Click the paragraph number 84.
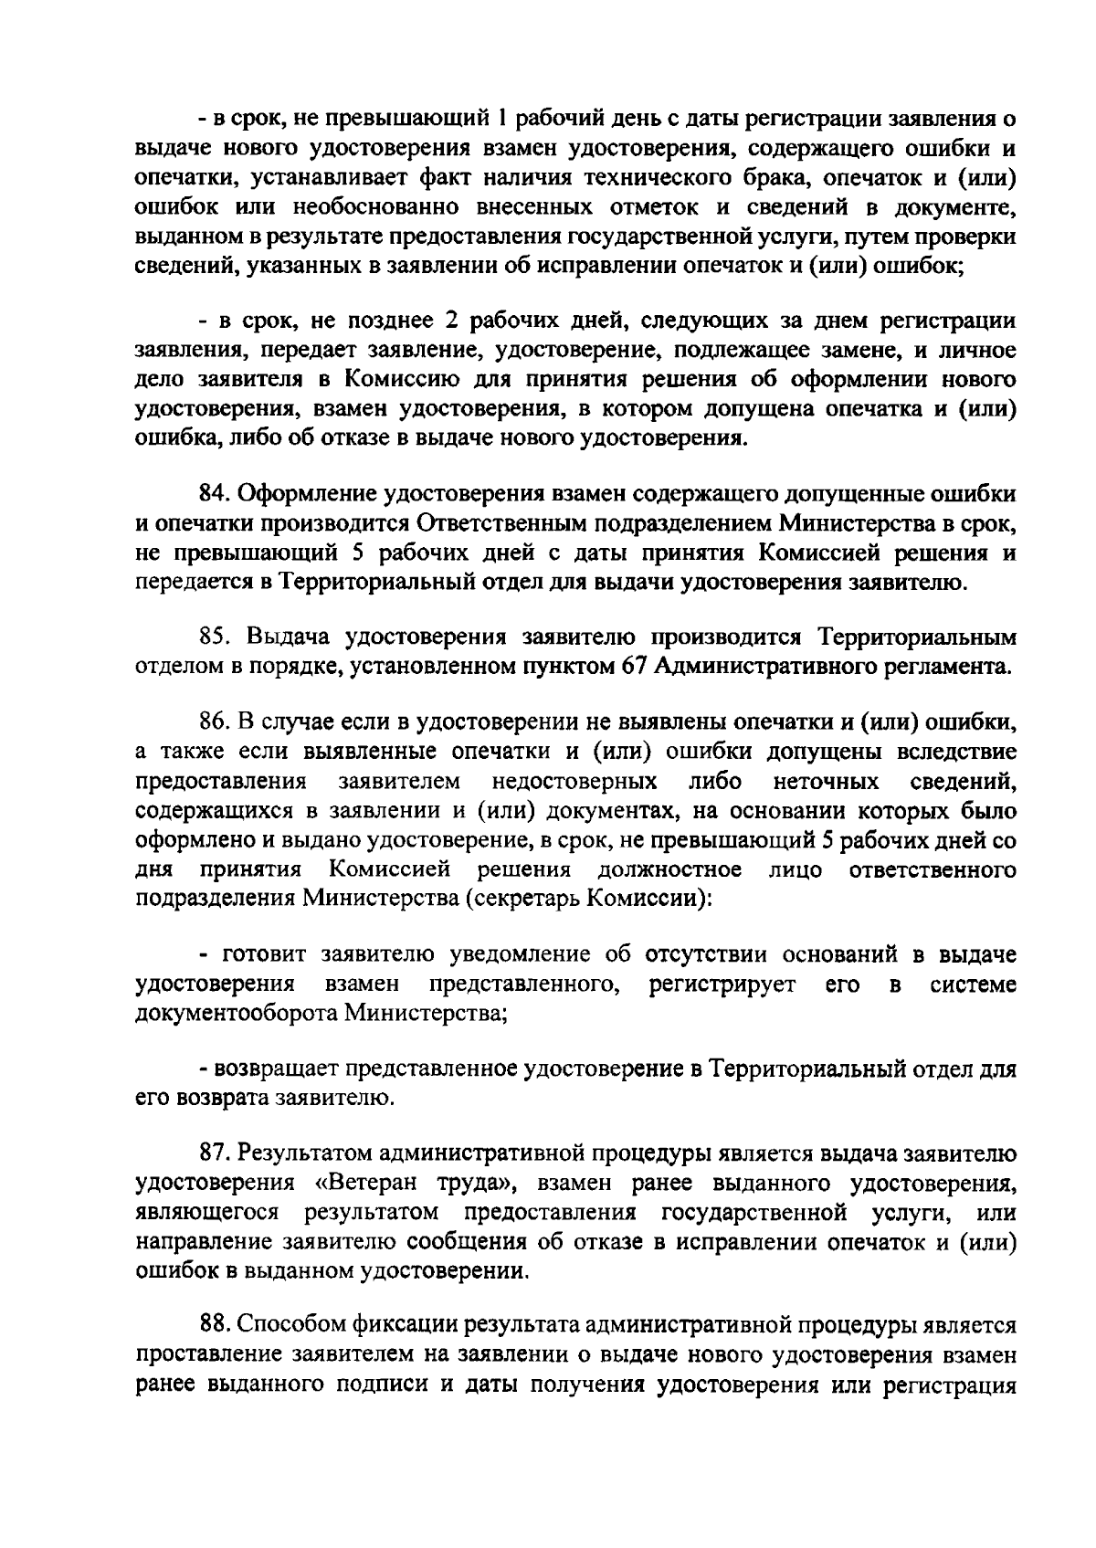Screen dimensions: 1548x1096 (216, 494)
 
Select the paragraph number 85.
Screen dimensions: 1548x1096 (216, 637)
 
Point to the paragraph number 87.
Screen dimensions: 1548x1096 (216, 1155)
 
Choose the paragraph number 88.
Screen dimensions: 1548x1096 (216, 1325)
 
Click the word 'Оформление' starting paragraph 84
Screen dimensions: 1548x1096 (308, 494)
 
